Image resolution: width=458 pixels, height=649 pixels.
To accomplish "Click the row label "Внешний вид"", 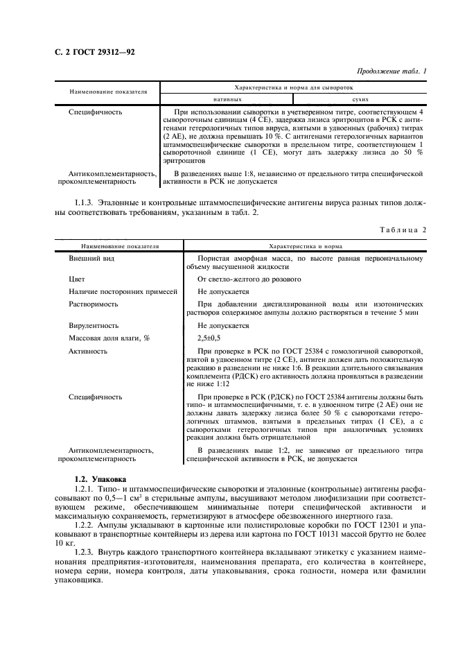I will pos(91,258).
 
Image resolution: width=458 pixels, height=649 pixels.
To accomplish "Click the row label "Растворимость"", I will pos(94,304).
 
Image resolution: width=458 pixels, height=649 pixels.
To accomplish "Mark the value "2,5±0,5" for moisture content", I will pos(209,338).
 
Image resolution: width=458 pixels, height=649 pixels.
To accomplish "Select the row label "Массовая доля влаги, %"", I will pos(109,338).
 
